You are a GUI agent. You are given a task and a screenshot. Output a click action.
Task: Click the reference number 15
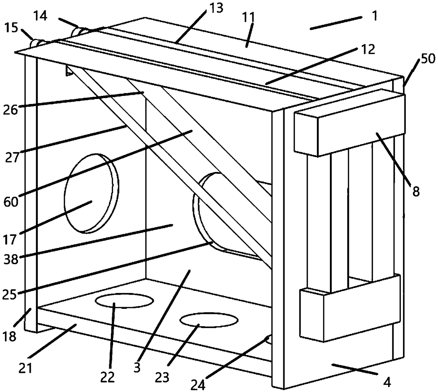[12, 28]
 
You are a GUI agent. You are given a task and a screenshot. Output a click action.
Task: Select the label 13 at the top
[216, 7]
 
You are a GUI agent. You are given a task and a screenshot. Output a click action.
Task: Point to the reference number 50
[427, 59]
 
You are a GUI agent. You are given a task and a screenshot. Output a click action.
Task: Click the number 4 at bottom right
[387, 382]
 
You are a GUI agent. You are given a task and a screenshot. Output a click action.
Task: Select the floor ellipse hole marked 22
[124, 301]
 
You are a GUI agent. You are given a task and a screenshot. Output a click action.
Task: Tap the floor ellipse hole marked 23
[208, 320]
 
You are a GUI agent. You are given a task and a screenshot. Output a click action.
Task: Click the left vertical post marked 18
[30, 191]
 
